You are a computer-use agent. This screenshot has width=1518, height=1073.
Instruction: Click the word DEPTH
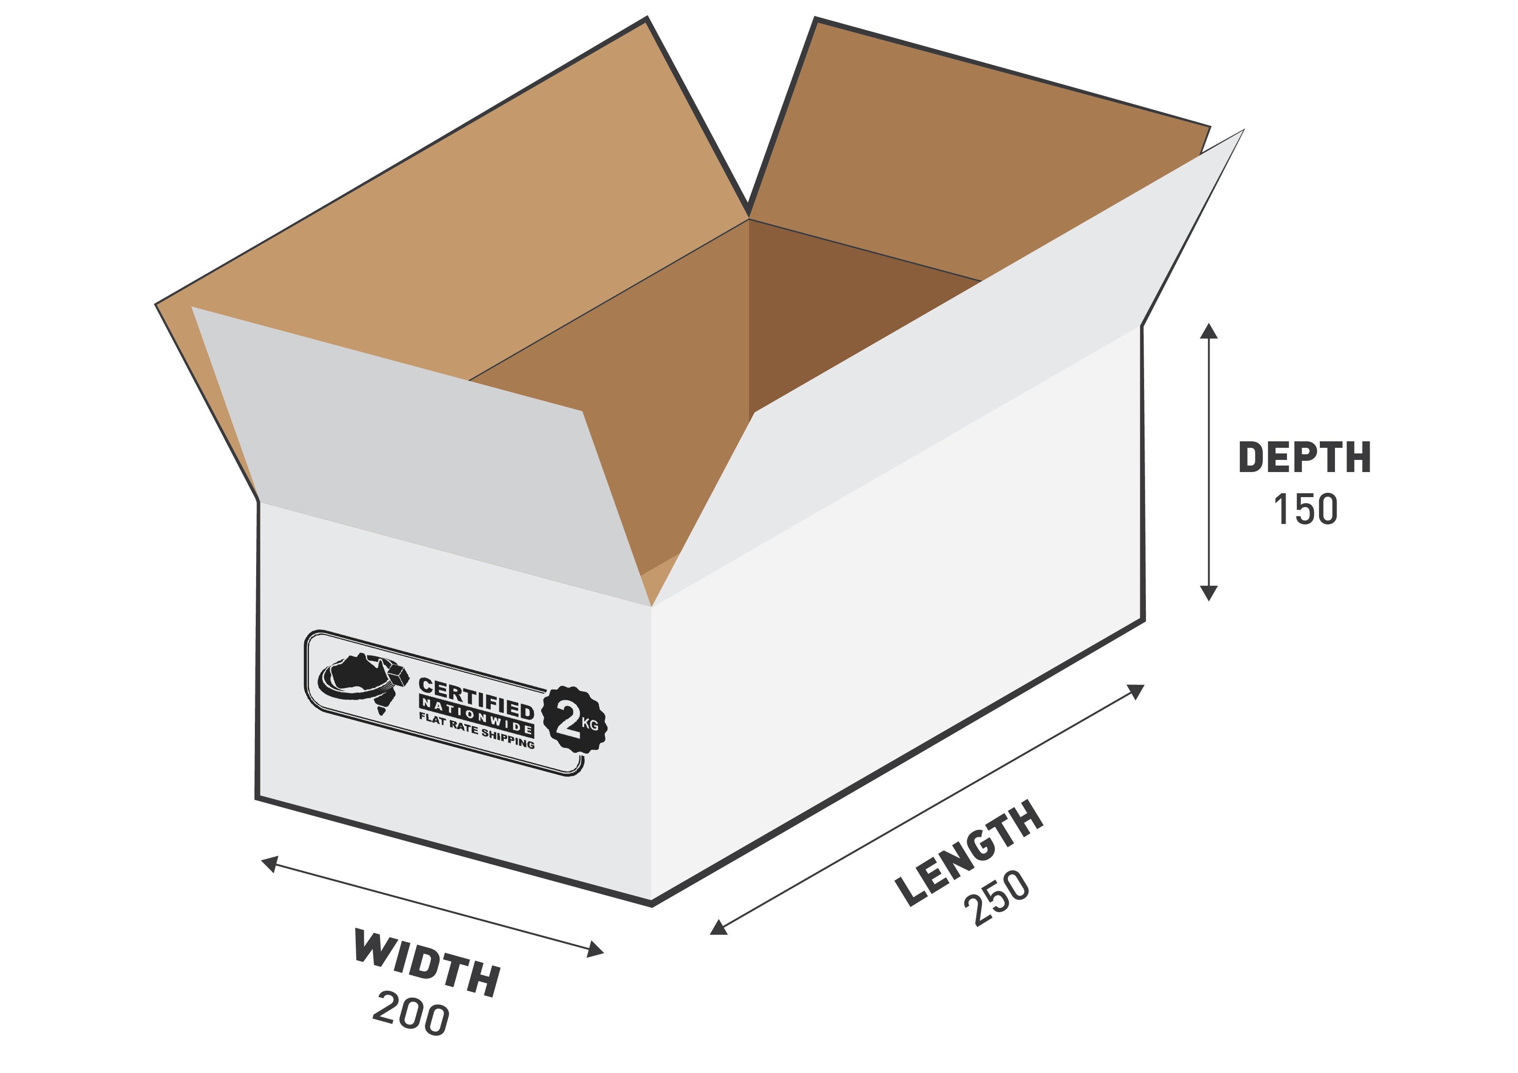pos(1304,457)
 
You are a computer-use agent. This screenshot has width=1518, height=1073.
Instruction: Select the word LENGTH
pos(969,853)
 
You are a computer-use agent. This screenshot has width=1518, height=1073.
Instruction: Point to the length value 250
pos(997,897)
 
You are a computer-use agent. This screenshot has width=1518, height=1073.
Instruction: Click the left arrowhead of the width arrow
pos(270,864)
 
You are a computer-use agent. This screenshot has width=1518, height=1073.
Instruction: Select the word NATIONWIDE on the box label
pos(476,716)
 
